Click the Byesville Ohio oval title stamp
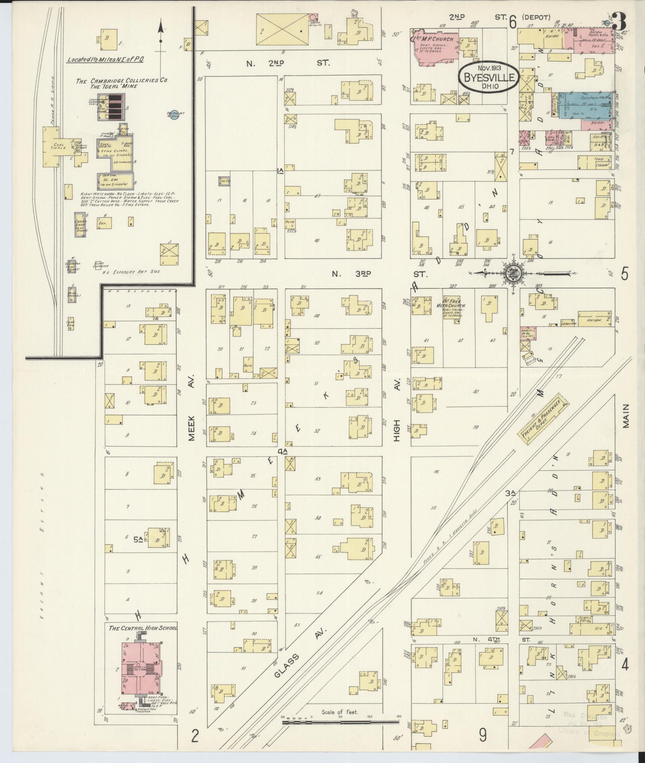[x=488, y=77]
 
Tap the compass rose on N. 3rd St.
[x=513, y=273]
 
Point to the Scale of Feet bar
[x=340, y=722]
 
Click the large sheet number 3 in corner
[x=620, y=21]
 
